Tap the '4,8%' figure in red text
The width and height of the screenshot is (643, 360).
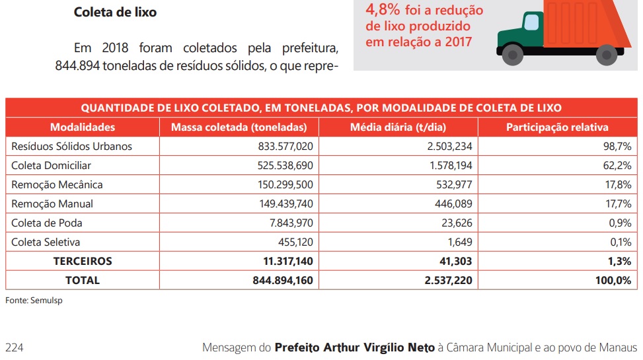(381, 10)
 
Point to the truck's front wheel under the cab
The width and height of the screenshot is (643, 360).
(512, 53)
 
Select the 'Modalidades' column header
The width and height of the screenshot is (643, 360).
(83, 127)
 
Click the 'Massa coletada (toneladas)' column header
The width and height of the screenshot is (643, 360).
(239, 127)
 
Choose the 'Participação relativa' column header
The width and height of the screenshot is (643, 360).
(557, 127)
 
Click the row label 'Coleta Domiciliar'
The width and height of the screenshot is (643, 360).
(51, 165)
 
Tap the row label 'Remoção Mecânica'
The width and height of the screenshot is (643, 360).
(57, 184)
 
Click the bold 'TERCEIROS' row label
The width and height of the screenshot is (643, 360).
(83, 261)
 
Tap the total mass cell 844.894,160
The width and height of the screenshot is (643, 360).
(283, 280)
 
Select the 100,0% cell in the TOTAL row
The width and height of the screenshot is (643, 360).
(613, 280)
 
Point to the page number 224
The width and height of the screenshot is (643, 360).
(15, 347)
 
